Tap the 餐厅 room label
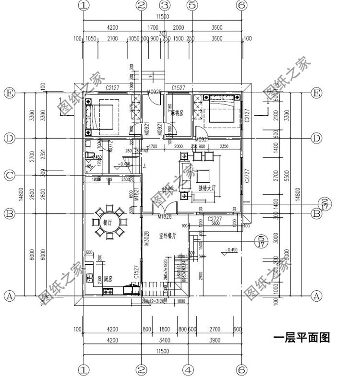click(x=108, y=222)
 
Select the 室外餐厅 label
click(x=167, y=236)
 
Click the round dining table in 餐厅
click(x=110, y=223)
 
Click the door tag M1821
click(x=137, y=193)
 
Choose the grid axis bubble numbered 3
click(x=165, y=5)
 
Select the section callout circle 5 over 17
click(x=261, y=240)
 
